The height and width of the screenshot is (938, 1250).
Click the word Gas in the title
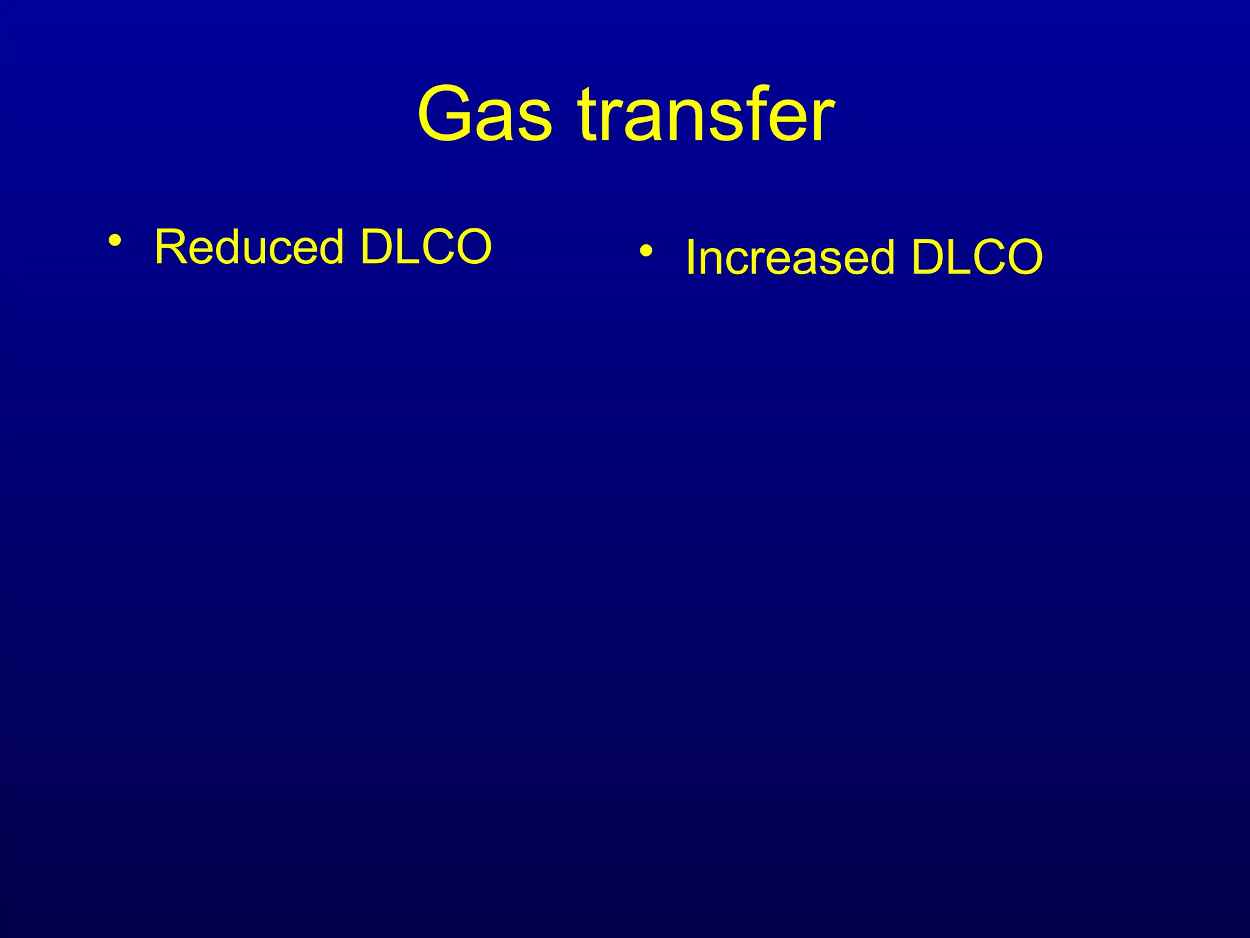click(485, 115)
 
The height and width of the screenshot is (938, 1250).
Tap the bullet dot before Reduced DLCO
click(114, 240)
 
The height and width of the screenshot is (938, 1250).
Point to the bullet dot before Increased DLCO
click(646, 250)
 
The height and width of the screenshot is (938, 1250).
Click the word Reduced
click(249, 247)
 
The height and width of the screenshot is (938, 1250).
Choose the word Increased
click(790, 257)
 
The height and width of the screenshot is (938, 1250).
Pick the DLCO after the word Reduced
click(425, 247)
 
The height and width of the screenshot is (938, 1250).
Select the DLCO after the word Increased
click(977, 257)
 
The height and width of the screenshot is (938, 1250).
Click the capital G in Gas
click(449, 115)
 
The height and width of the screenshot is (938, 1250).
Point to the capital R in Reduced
click(170, 247)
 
